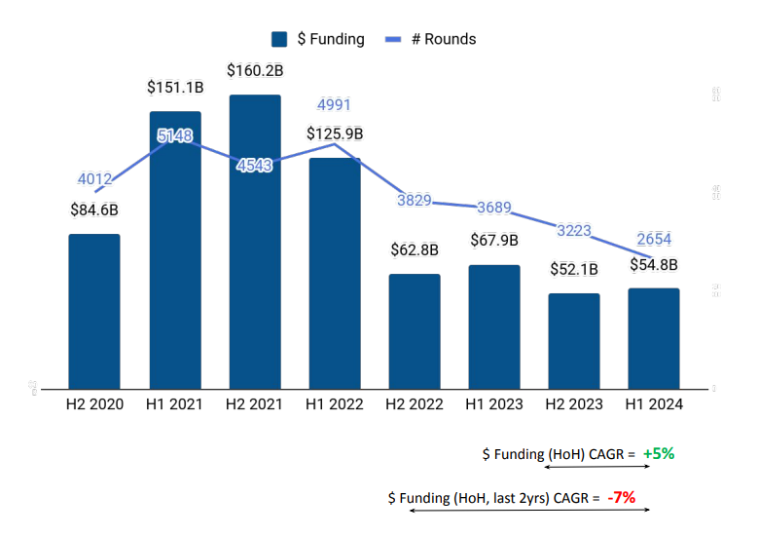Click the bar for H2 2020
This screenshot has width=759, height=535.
tap(93, 312)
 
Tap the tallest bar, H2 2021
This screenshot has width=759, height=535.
tap(255, 244)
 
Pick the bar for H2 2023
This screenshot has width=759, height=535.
tap(573, 341)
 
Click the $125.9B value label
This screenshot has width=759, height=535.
tap(335, 134)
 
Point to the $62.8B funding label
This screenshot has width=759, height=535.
tap(415, 249)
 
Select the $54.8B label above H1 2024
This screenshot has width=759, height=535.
tap(653, 264)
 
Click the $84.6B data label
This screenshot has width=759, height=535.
tap(94, 209)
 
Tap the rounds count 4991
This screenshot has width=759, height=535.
tap(335, 105)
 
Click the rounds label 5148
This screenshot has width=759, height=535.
tap(175, 135)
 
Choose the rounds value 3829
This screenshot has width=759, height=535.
tap(415, 200)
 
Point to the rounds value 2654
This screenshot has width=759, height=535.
tap(653, 240)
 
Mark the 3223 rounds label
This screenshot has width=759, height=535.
tap(573, 230)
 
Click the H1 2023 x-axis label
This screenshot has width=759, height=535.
tap(494, 403)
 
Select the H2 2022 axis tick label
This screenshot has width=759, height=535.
tap(415, 403)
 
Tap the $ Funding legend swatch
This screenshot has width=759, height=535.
tap(280, 39)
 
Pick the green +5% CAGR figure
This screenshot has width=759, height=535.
tap(658, 453)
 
